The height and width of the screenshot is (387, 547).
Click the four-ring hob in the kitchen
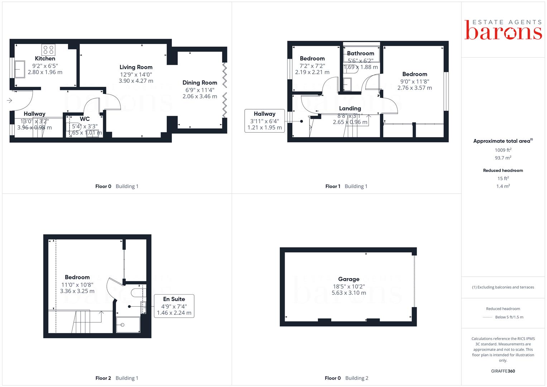coord(48,50)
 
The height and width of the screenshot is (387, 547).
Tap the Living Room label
coord(136,67)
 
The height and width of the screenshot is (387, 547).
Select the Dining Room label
coord(200,83)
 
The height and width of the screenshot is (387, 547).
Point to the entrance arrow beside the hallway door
coord(10,100)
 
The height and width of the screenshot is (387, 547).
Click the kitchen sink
coord(20,70)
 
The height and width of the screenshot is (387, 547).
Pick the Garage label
coord(349,279)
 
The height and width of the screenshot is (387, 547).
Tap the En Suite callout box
coord(174,306)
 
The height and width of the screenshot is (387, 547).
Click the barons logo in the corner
coord(503,30)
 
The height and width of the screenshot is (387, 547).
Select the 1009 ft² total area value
coord(503,150)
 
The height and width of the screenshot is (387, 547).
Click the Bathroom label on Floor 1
coord(360,53)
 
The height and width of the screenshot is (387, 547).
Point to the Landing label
coord(350,108)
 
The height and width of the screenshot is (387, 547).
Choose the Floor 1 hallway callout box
coord(265,121)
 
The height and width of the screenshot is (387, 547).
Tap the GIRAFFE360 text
coord(503,371)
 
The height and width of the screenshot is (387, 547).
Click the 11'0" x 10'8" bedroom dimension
coord(77,285)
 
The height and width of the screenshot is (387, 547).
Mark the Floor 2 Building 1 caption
coord(117,378)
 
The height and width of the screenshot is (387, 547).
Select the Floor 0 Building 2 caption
coord(346,378)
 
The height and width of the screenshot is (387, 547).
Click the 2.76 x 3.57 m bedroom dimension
coord(415,88)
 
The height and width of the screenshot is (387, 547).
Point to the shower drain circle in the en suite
coord(123,325)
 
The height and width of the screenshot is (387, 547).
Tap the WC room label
coord(85,119)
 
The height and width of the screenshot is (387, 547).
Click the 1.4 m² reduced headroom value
coord(503,186)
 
